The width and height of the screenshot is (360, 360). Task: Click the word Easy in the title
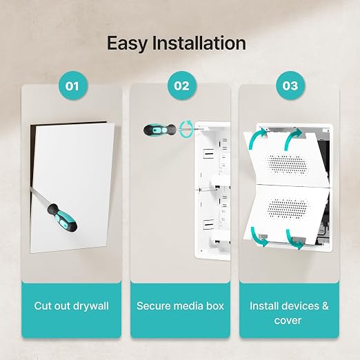coord(127,43)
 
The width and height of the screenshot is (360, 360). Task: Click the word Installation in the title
coord(199,43)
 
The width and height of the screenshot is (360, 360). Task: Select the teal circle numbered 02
coord(182,86)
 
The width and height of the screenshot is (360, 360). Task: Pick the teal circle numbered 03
coord(290,86)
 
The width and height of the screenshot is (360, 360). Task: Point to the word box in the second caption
coord(215,306)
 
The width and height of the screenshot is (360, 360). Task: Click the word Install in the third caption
coord(264,306)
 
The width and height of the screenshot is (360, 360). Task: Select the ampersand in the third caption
coord(326,306)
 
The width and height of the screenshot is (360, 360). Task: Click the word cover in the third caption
coord(288,321)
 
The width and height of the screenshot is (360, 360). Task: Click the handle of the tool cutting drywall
coord(62,218)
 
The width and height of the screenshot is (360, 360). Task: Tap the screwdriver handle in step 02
coord(160,130)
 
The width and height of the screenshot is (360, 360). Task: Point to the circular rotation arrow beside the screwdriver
coord(186,130)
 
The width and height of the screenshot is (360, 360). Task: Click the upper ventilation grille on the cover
coord(288,164)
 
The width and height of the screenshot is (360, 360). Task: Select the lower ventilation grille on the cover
coord(288,209)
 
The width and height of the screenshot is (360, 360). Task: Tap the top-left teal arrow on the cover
coord(256,139)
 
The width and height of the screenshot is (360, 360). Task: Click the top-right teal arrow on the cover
coord(292,139)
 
